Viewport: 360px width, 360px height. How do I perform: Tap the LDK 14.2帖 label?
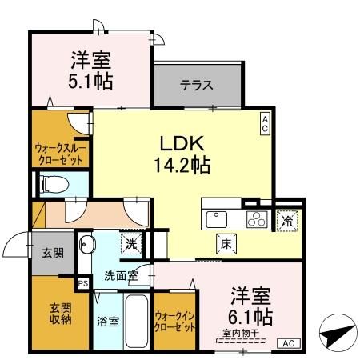click(182, 154)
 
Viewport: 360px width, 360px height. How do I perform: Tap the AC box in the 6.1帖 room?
click(288, 343)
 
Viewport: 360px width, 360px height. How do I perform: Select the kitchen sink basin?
click(217, 218)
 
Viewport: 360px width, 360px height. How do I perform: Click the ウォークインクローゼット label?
click(174, 321)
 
